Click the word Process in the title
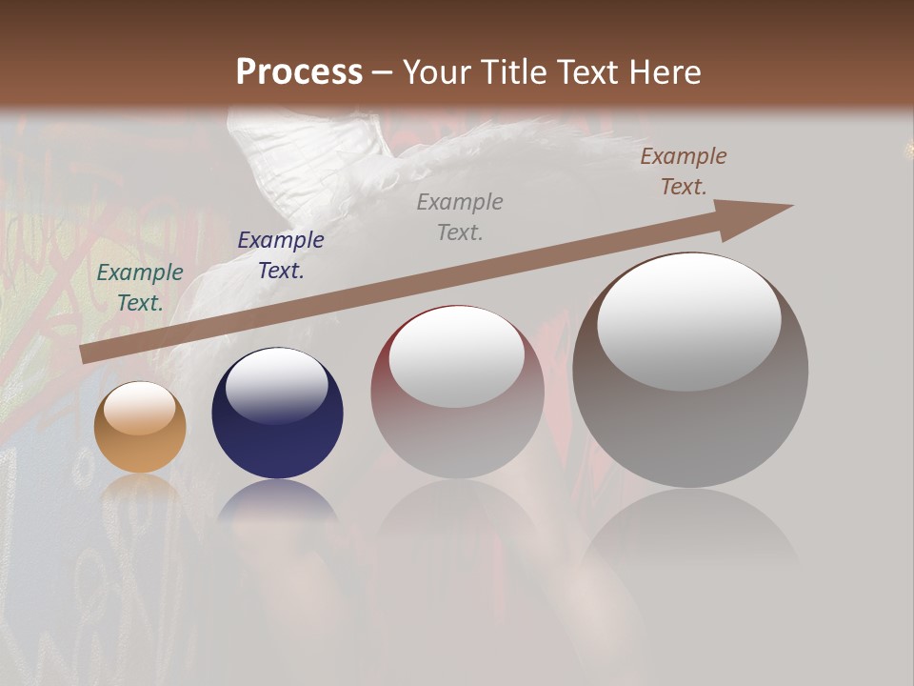coord(299,71)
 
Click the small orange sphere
coord(140,428)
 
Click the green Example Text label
coord(140,287)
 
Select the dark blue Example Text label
coord(281,254)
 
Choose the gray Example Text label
coord(460,216)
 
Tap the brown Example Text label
coord(684,171)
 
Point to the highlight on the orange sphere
coord(140,409)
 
